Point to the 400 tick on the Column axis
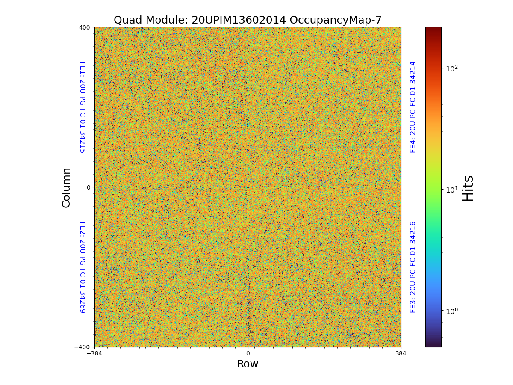coord(85,27)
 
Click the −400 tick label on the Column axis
coord(83,347)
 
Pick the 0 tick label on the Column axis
coord(88,187)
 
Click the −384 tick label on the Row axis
coord(94,354)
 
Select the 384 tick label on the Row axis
coord(401,354)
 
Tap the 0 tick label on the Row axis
coord(248,354)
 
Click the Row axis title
coord(248,364)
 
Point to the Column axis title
coord(66,187)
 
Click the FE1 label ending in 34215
coord(83,107)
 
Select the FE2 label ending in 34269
coord(83,267)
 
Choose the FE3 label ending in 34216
coord(413,267)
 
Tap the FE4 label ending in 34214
coord(413,107)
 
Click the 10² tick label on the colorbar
coord(452,68)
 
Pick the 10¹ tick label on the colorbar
coord(452,189)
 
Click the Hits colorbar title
coord(468,187)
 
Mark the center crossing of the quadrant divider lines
coord(248,187)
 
